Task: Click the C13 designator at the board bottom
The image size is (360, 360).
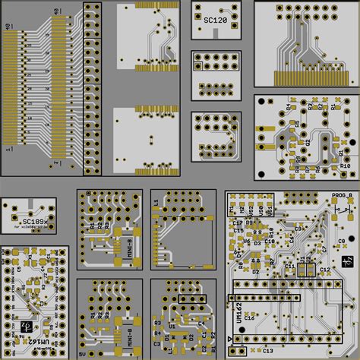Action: click(267, 352)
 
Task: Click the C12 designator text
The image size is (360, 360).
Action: click(324, 270)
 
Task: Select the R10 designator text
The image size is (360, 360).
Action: click(345, 166)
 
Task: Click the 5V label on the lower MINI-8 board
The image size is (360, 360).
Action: click(82, 353)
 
